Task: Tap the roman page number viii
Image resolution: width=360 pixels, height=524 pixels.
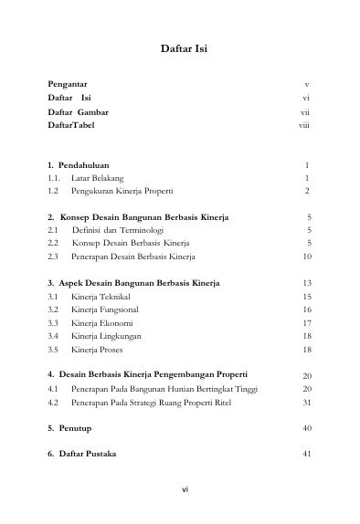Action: click(305, 124)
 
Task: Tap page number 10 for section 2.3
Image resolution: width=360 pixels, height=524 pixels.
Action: click(306, 258)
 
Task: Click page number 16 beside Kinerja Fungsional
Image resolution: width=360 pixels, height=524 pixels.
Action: click(306, 310)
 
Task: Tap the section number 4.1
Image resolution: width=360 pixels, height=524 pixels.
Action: click(53, 389)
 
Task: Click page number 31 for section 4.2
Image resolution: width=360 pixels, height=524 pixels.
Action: click(306, 402)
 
